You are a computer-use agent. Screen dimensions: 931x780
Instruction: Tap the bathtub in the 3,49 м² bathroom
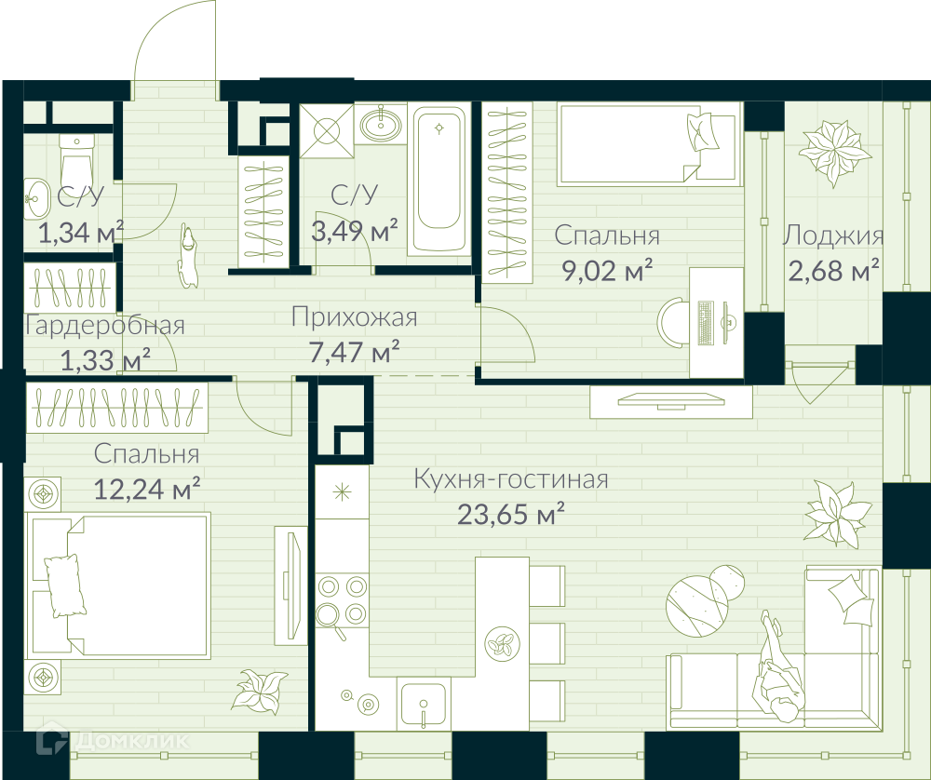(439, 181)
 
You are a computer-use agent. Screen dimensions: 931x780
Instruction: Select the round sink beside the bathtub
(381, 125)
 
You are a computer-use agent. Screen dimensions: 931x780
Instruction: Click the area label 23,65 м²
(510, 514)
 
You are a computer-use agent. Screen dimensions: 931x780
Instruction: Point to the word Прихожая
(354, 317)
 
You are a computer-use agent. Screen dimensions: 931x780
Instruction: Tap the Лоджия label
(832, 235)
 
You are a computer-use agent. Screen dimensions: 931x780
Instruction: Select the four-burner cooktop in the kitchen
(342, 600)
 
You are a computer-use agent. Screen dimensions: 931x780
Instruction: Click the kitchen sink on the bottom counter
(424, 705)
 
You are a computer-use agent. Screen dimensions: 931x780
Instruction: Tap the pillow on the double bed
(63, 585)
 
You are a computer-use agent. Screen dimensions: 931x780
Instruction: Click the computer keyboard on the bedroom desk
(706, 323)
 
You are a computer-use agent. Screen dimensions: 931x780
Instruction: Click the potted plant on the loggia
(834, 151)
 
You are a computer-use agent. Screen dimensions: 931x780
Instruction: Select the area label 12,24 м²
(147, 490)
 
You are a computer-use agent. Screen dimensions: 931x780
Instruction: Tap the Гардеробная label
(105, 326)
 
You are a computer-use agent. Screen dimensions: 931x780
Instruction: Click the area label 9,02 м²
(607, 271)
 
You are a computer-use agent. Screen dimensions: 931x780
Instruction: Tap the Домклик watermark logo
(113, 740)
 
